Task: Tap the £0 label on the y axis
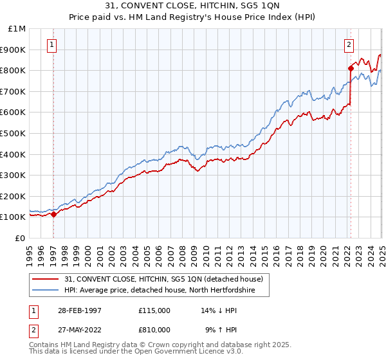coord(21,238)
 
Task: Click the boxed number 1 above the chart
coord(51,45)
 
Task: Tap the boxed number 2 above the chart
coord(348,45)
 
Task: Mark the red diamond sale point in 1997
coord(54,215)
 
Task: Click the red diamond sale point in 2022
coord(351,68)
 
